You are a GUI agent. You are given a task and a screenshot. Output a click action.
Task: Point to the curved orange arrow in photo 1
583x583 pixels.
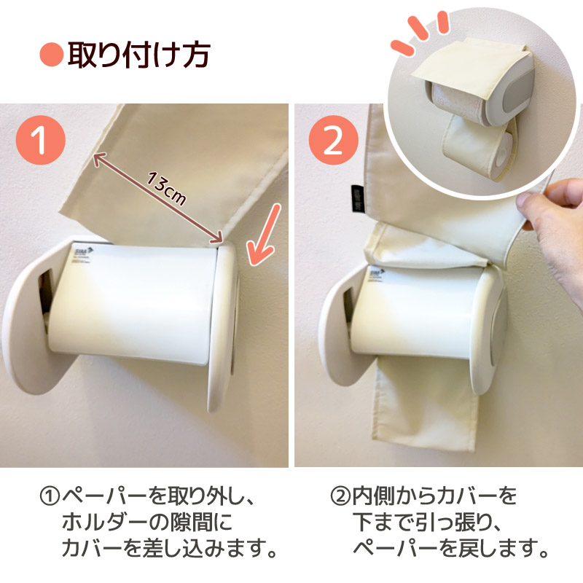(262, 235)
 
